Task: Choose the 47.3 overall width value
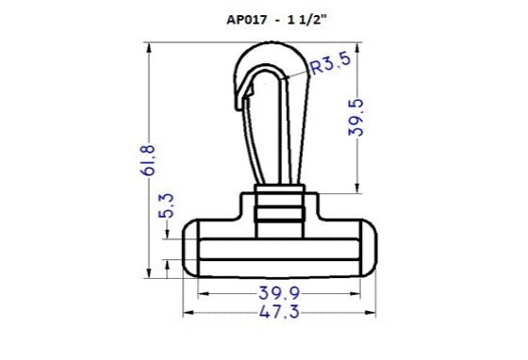point(281,314)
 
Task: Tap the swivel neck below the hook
point(281,209)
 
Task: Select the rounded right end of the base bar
point(372,247)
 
